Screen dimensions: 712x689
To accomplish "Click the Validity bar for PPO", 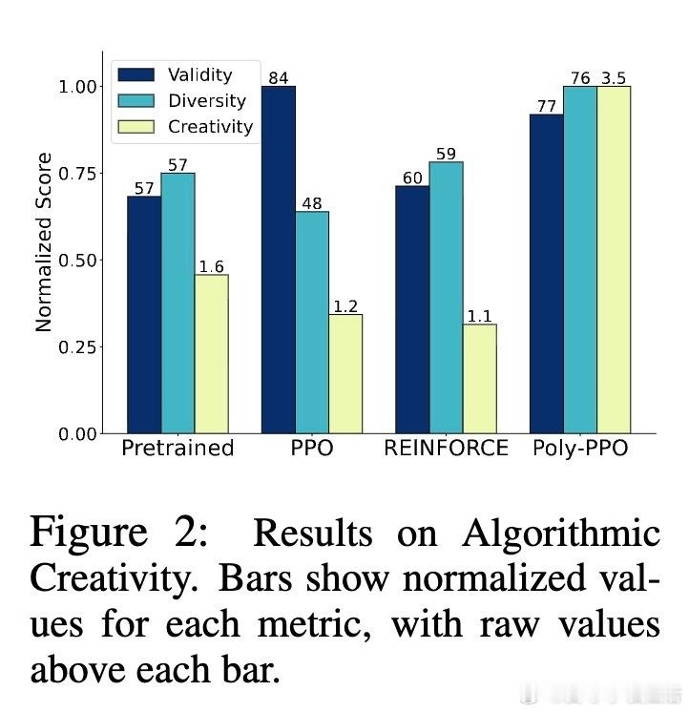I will pos(279,260).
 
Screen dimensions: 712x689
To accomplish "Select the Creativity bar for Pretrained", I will pos(211,354).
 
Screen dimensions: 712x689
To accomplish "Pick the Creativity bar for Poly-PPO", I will pos(614,260).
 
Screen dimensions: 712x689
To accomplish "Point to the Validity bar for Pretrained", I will pos(144,315).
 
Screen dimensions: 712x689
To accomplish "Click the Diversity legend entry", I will pos(206,100).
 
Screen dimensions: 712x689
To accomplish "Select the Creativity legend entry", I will pos(210,126).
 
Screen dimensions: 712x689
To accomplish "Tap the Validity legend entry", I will pos(199,74).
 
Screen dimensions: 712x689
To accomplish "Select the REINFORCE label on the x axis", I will pos(446,449).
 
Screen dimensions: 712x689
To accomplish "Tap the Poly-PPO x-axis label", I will pos(580,449).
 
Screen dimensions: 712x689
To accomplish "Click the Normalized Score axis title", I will pos(44,242).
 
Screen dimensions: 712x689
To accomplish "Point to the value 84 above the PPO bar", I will pos(279,77).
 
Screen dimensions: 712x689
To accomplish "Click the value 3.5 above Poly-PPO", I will pos(614,77).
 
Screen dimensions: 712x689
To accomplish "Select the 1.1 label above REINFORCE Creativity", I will pos(479,315).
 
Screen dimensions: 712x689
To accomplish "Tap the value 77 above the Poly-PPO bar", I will pos(547,106).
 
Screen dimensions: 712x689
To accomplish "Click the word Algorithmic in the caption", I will pos(561,534).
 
